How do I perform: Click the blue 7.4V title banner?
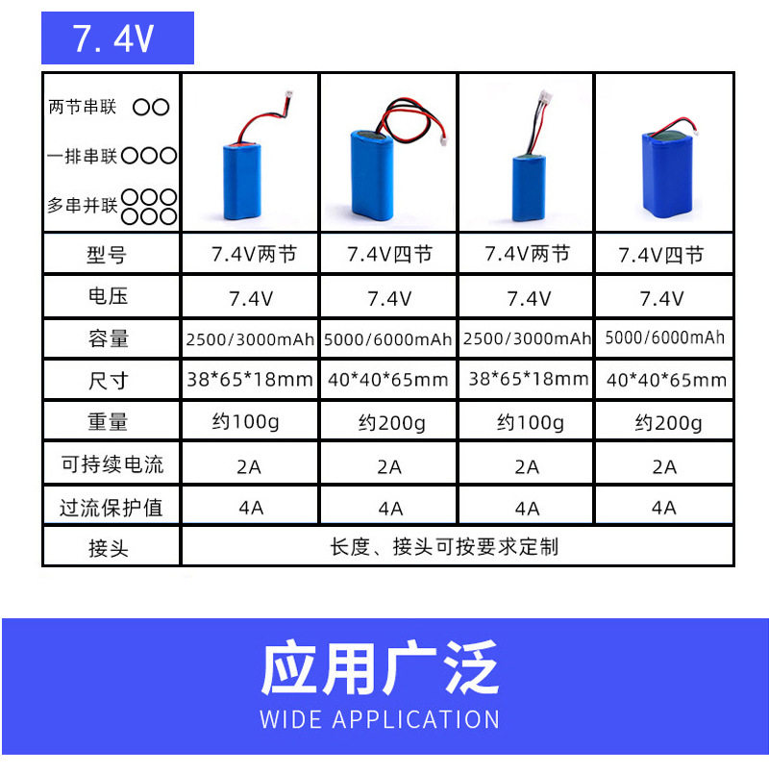[x=117, y=38]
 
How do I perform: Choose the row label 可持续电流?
[x=112, y=464]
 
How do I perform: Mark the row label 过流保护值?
[x=112, y=507]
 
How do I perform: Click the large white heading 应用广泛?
[x=380, y=668]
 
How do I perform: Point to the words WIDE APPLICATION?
[x=380, y=719]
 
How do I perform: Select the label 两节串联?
[x=83, y=107]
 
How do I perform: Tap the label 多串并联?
[x=83, y=206]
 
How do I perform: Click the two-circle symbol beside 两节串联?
[x=151, y=107]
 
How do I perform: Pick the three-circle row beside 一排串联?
[x=149, y=155]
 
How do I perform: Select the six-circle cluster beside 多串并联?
[x=150, y=206]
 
